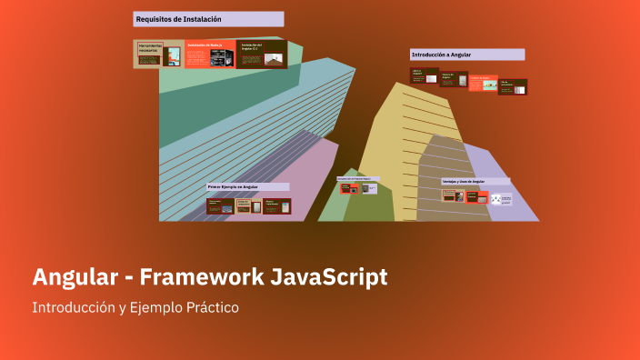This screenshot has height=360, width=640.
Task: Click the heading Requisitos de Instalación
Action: (x=178, y=18)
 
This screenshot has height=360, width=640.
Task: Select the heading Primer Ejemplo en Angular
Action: (x=233, y=186)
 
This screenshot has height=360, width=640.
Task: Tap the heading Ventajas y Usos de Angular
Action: (x=464, y=182)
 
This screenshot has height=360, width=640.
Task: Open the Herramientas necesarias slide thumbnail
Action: (x=158, y=54)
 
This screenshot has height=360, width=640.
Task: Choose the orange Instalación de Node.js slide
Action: (x=209, y=54)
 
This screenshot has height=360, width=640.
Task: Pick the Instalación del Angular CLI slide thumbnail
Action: (x=263, y=54)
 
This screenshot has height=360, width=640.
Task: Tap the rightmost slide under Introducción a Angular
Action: (x=513, y=86)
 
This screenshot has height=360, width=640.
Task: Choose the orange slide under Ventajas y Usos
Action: (x=477, y=196)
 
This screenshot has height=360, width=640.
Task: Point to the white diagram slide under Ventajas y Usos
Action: (x=502, y=198)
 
